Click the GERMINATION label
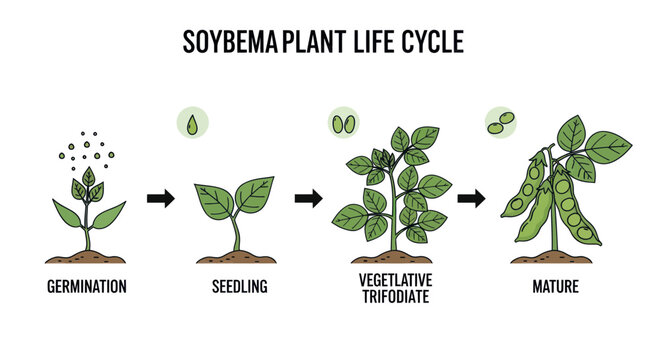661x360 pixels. click(x=87, y=286)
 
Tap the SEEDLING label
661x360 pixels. click(x=239, y=286)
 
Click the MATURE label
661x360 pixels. click(x=555, y=286)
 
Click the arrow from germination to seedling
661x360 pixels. click(x=160, y=198)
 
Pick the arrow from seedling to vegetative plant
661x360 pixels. click(x=308, y=198)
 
